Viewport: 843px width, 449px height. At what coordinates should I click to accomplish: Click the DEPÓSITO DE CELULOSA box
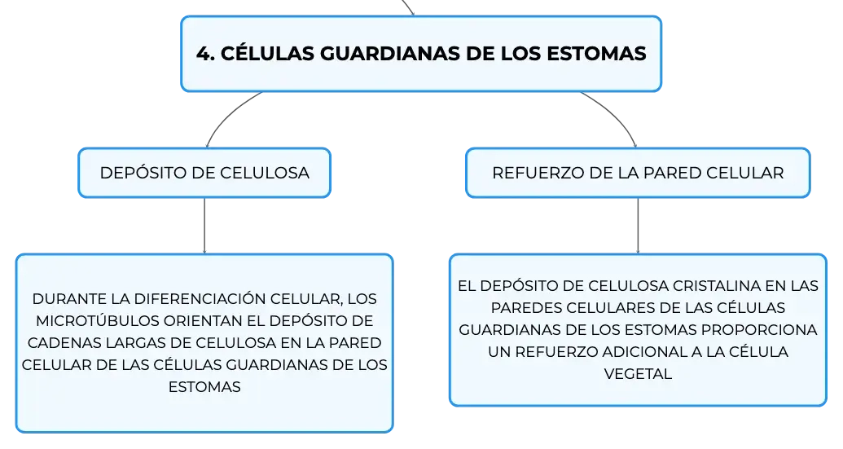[x=204, y=173]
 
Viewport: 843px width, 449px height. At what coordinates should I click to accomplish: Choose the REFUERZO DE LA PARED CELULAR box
[x=638, y=173]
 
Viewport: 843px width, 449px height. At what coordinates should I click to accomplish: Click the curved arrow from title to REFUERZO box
[x=615, y=113]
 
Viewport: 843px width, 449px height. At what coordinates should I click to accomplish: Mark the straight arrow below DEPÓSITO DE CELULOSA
[x=204, y=226]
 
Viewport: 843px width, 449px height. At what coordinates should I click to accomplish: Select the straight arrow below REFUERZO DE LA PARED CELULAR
[x=639, y=226]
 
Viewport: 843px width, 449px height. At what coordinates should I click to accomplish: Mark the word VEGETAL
[x=639, y=374]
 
